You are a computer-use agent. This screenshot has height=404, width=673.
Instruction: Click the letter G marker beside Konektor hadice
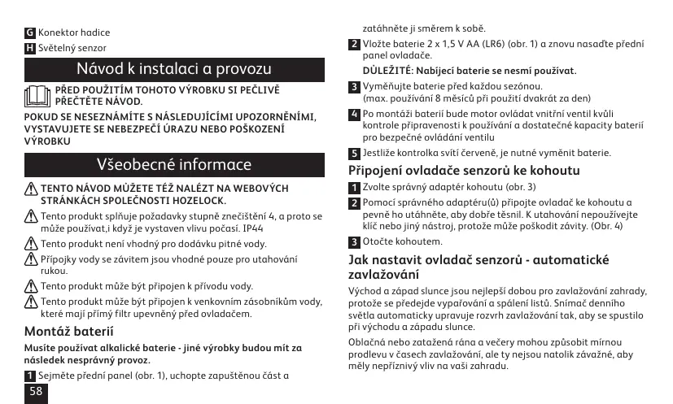click(x=30, y=33)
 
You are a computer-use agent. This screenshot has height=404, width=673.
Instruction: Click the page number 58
click(x=36, y=391)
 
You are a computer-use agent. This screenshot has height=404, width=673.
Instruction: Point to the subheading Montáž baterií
click(x=63, y=332)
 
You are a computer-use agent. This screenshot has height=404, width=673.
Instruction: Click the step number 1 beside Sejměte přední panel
click(x=30, y=376)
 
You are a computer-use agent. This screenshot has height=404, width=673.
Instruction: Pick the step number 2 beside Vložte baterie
click(x=354, y=44)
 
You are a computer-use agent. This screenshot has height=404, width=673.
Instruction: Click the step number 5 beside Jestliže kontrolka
click(x=354, y=153)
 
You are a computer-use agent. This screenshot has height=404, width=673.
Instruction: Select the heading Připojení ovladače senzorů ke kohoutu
click(x=464, y=171)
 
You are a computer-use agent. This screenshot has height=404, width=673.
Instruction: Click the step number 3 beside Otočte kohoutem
click(x=354, y=242)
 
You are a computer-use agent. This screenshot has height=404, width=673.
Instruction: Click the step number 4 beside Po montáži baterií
click(x=354, y=114)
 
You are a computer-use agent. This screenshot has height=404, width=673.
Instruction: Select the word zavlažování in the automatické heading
click(x=384, y=275)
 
